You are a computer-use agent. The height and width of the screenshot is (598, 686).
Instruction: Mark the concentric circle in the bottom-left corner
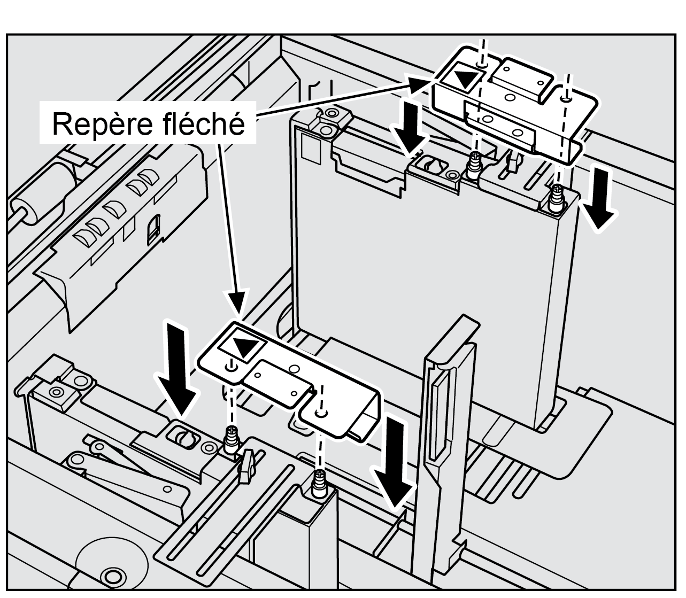pos(112,576)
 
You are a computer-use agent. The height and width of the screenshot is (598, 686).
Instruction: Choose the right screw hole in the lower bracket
pos(320,413)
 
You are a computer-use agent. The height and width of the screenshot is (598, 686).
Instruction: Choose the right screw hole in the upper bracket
pos(566,98)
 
